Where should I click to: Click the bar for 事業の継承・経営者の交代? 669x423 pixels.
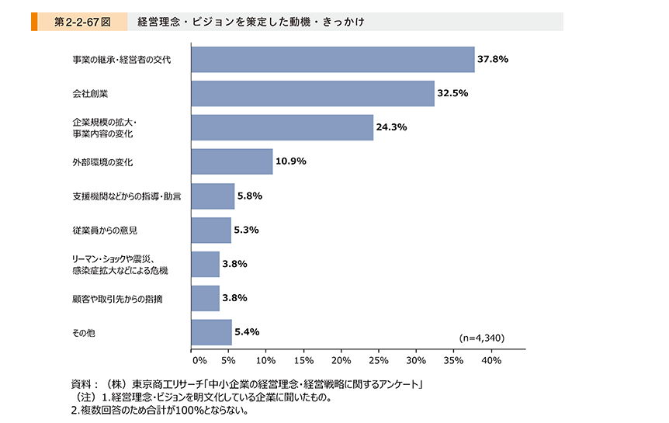pyautogui.click(x=333, y=59)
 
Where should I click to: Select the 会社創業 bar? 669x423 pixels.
pyautogui.click(x=313, y=93)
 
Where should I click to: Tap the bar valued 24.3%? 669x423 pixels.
pyautogui.click(x=283, y=127)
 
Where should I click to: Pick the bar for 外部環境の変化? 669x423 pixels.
pyautogui.click(x=232, y=161)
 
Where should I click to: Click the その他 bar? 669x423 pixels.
pyautogui.click(x=212, y=332)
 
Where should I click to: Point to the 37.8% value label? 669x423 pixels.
pyautogui.click(x=493, y=59)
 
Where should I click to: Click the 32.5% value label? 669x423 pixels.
pyautogui.click(x=452, y=93)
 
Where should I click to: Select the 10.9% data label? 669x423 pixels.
pyautogui.click(x=291, y=161)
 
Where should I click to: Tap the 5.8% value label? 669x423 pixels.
pyautogui.click(x=250, y=196)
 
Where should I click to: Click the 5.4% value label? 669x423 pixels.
pyautogui.click(x=247, y=331)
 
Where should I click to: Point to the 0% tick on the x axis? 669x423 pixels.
pyautogui.click(x=199, y=361)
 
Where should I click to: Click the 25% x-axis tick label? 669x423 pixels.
pyautogui.click(x=379, y=361)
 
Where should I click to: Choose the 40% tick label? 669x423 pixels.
pyautogui.click(x=491, y=361)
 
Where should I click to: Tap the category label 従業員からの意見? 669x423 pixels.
pyautogui.click(x=105, y=231)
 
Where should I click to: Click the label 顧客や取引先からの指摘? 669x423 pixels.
pyautogui.click(x=117, y=299)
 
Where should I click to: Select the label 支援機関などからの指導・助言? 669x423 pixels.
pyautogui.click(x=127, y=196)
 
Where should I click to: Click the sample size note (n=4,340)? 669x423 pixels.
pyautogui.click(x=482, y=338)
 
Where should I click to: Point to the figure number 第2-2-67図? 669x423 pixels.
pyautogui.click(x=83, y=22)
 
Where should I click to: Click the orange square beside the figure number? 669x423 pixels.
pyautogui.click(x=34, y=22)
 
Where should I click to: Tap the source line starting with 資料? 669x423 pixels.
pyautogui.click(x=247, y=385)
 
